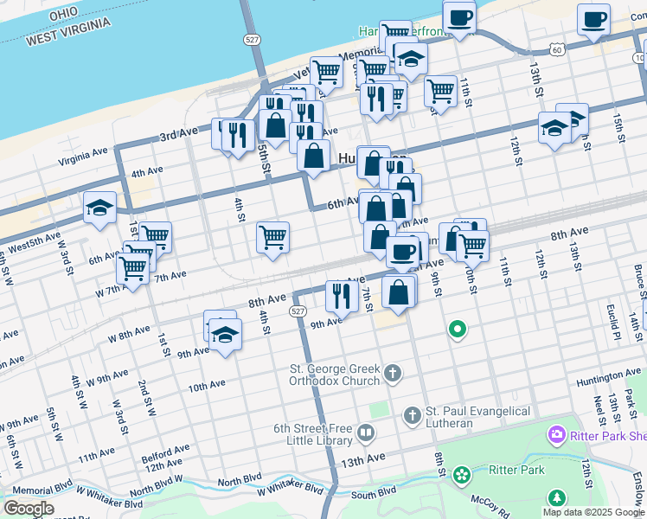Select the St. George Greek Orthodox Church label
coord(334,375)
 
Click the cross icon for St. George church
coord(393,374)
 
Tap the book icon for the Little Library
coord(365,432)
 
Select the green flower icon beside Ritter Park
coord(462,474)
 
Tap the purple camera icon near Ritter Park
coord(555,435)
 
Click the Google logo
coord(29,508)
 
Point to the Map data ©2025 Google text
coord(593,512)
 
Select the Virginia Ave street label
coord(83,156)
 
